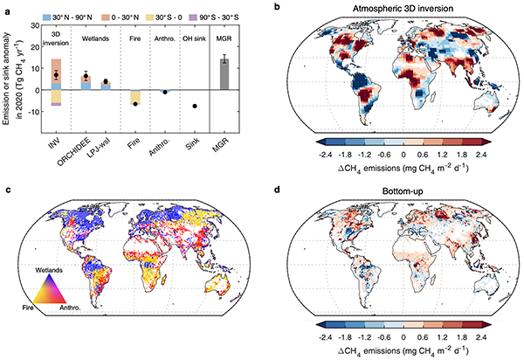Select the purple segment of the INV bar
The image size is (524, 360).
point(56,104)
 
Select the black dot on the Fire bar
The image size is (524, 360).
point(136,104)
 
